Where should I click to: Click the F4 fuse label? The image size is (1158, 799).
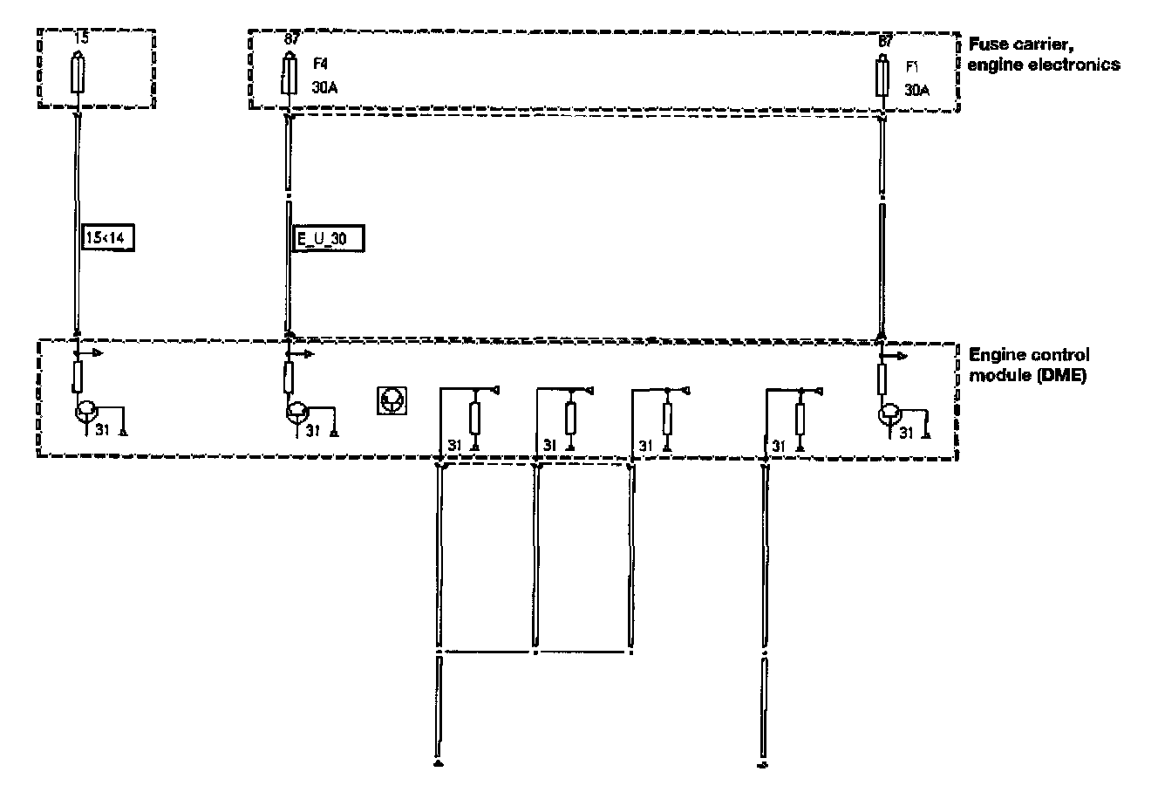click(x=319, y=64)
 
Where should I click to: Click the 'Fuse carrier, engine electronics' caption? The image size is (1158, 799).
click(x=1044, y=53)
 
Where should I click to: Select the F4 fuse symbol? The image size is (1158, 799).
click(x=287, y=75)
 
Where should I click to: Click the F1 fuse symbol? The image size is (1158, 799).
click(x=882, y=78)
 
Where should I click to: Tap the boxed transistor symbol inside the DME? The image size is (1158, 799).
click(x=392, y=400)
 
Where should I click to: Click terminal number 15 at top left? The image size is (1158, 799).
click(x=83, y=38)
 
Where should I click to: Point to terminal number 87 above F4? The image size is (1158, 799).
click(x=292, y=39)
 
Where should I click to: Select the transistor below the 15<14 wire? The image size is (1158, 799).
click(x=86, y=410)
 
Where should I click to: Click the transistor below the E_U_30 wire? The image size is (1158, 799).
click(x=298, y=412)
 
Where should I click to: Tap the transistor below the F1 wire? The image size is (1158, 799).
click(x=890, y=413)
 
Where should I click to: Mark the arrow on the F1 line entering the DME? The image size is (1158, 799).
click(x=896, y=356)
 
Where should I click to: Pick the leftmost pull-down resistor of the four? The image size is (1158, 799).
click(x=475, y=418)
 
